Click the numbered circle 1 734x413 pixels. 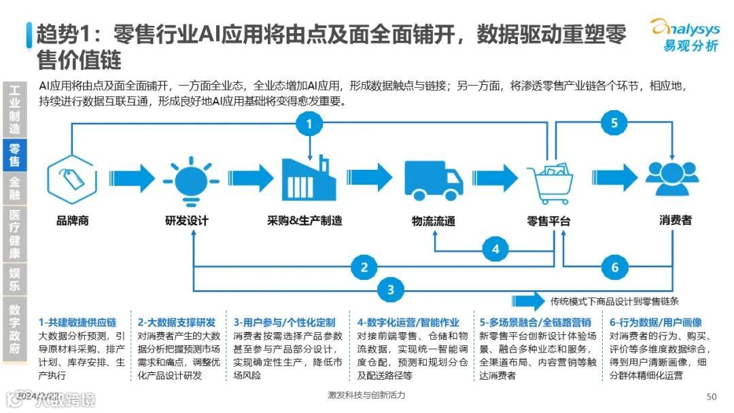[309, 124]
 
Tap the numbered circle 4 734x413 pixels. [495, 249]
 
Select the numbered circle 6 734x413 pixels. [615, 267]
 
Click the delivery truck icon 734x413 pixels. [433, 180]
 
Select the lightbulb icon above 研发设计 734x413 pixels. [186, 179]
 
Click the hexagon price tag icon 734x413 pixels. [71, 179]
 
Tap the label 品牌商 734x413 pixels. [72, 221]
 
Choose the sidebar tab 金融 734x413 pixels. [15, 187]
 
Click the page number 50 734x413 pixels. [712, 397]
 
